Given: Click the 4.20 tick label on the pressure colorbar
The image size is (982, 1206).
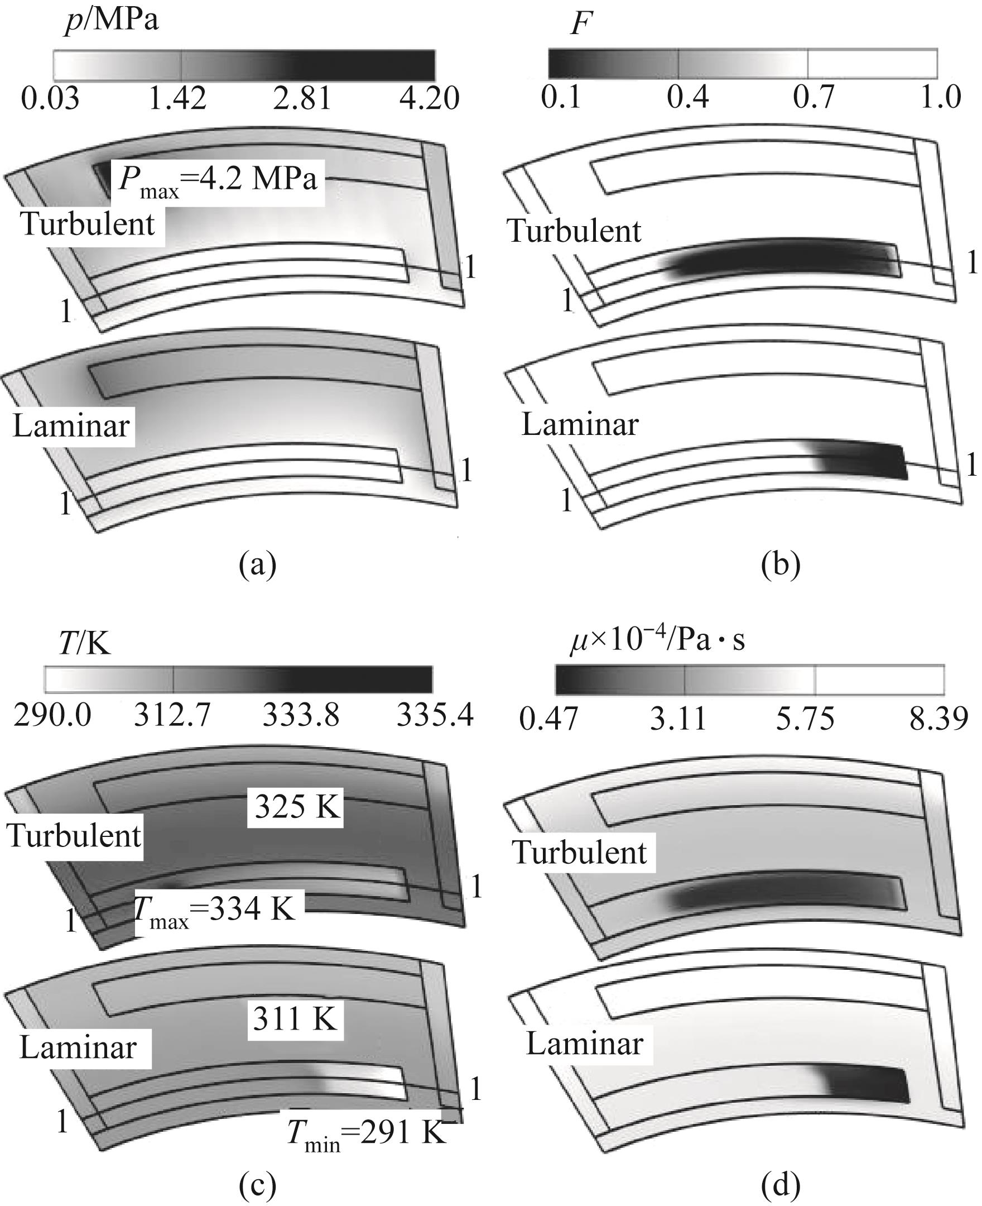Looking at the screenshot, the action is coord(429,99).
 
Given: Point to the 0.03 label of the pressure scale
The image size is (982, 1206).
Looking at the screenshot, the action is coord(50,99).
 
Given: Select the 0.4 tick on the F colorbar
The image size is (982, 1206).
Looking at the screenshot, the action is coord(687,97).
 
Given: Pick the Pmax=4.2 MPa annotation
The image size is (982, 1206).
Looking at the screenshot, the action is coord(218,180).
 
